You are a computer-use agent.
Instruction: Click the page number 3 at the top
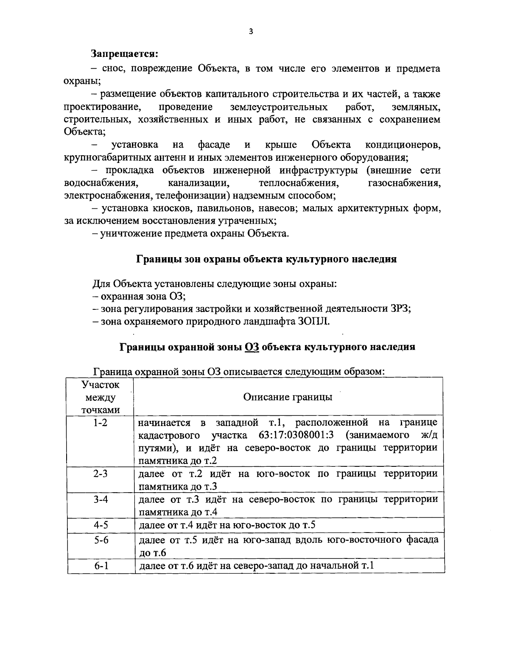pos(251,31)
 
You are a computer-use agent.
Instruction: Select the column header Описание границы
pos(288,397)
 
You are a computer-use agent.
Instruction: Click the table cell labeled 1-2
pos(101,423)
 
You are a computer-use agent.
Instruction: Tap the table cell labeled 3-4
pos(101,499)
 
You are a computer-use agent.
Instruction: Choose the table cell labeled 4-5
pos(101,525)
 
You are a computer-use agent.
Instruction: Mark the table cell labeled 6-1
pos(101,565)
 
